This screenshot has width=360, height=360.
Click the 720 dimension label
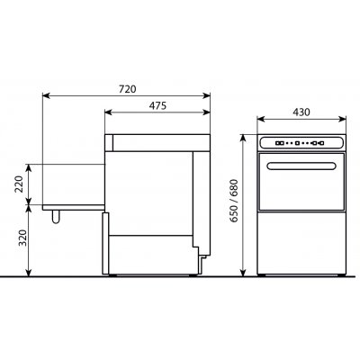[128, 89]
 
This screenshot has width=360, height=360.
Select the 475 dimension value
[157, 105]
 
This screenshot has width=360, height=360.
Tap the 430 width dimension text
[301, 112]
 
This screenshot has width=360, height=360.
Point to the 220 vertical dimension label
[19, 184]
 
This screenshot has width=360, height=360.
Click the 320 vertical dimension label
[22, 238]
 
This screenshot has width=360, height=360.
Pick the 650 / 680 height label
[233, 201]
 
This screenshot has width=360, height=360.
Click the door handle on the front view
[301, 166]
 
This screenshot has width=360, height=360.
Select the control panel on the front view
[301, 143]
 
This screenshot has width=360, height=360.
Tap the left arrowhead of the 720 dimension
[46, 95]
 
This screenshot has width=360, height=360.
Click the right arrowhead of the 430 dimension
[343, 119]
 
